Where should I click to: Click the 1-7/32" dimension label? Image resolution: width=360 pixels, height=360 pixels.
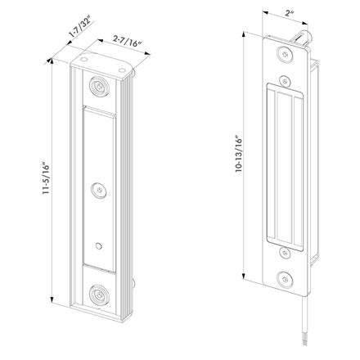point(80,27)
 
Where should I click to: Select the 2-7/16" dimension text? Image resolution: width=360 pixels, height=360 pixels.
point(128,42)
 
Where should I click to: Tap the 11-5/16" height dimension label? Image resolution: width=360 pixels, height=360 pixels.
point(46,178)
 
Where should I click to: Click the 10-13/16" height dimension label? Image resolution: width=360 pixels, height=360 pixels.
point(239,153)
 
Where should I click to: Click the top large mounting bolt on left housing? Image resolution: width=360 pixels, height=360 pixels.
point(100,86)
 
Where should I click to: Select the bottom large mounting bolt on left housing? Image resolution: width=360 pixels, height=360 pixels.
point(100,295)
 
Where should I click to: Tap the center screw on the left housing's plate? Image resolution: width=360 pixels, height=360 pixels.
point(99,190)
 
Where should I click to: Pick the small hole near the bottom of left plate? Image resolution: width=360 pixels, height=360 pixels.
point(98,246)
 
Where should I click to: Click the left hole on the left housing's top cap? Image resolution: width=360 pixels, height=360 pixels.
point(83,59)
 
